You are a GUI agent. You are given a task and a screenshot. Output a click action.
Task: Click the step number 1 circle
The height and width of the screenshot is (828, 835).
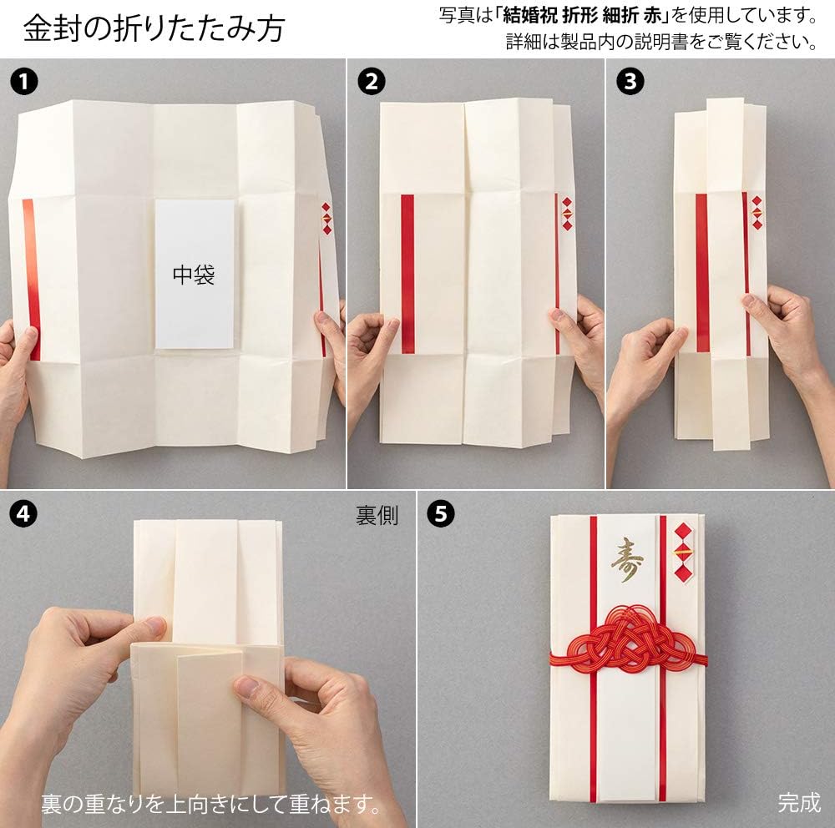pyautogui.click(x=23, y=82)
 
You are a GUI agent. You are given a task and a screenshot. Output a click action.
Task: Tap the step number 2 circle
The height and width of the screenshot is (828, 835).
pyautogui.click(x=372, y=82)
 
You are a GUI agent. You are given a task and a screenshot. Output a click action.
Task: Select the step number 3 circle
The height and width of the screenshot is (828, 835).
pyautogui.click(x=630, y=82)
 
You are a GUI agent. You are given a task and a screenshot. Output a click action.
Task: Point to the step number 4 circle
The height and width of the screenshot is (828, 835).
pyautogui.click(x=23, y=514)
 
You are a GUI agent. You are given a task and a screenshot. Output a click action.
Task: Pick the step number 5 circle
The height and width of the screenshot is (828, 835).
pyautogui.click(x=441, y=514)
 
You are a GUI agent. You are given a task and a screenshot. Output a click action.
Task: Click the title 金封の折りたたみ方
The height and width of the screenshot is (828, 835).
pyautogui.click(x=154, y=28)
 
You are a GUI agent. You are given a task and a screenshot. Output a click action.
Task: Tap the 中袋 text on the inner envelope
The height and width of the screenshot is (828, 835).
pyautogui.click(x=194, y=275)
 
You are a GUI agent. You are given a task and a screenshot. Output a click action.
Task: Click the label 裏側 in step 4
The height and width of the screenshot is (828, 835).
pyautogui.click(x=377, y=516)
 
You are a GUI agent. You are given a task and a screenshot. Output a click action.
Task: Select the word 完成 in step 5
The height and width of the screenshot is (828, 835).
pyautogui.click(x=798, y=802)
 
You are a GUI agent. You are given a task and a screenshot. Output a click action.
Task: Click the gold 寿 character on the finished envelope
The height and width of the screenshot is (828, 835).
pyautogui.click(x=627, y=559)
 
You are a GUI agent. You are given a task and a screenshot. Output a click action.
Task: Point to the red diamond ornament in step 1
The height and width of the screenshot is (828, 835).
pyautogui.click(x=326, y=219)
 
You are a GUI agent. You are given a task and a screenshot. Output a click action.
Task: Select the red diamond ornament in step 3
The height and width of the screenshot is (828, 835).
pyautogui.click(x=757, y=213)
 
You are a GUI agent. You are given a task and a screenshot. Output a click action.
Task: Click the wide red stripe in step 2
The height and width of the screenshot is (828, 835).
pyautogui.click(x=407, y=274)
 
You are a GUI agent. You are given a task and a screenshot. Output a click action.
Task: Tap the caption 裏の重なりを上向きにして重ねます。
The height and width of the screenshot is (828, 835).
pyautogui.click(x=212, y=804)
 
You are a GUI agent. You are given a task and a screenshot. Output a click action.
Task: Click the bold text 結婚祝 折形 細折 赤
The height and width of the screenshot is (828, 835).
pyautogui.click(x=582, y=16)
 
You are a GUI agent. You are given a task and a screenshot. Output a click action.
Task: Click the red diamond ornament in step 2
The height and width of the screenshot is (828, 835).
pyautogui.click(x=567, y=214)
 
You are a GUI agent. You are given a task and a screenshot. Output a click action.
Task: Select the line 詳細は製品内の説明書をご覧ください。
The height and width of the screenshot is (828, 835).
pyautogui.click(x=661, y=42)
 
